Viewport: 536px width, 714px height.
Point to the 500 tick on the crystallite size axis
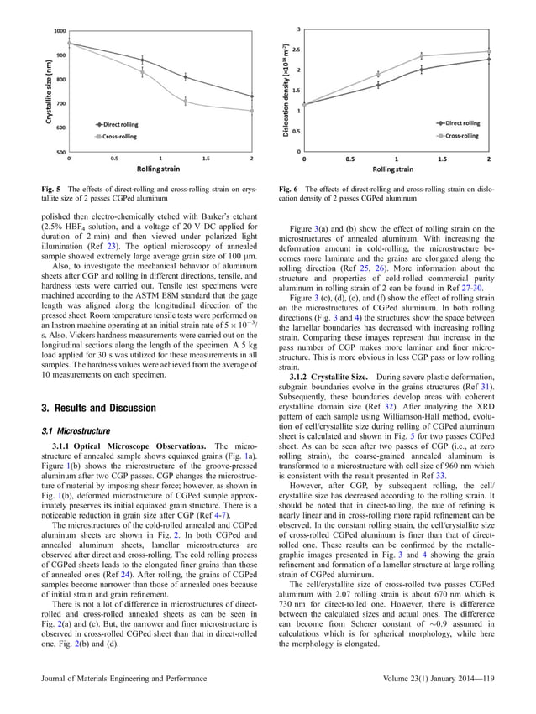pos(60,152)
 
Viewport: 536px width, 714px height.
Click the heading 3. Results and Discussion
pos(94,408)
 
